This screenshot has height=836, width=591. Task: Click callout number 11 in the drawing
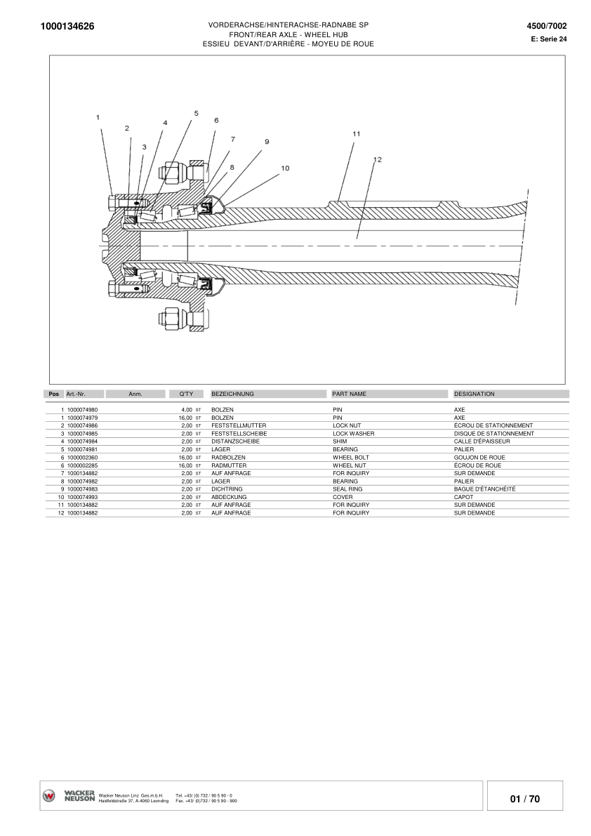[x=356, y=133]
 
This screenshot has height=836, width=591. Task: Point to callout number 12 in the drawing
[x=377, y=159]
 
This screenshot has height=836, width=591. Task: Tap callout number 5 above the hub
[x=197, y=113]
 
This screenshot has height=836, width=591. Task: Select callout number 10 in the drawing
[x=285, y=168]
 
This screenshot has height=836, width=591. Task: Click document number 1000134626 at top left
[x=68, y=27]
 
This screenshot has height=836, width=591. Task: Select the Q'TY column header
[x=186, y=394]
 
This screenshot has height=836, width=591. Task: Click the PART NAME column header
[x=350, y=394]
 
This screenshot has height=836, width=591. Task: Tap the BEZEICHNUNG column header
[x=232, y=394]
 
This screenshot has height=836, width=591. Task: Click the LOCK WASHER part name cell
[x=353, y=434]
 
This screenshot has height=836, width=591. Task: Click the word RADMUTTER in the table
[x=229, y=465]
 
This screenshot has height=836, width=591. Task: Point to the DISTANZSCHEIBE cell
[x=235, y=442]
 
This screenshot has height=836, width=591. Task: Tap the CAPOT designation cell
[x=463, y=496]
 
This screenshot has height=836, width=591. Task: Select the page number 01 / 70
[x=525, y=799]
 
